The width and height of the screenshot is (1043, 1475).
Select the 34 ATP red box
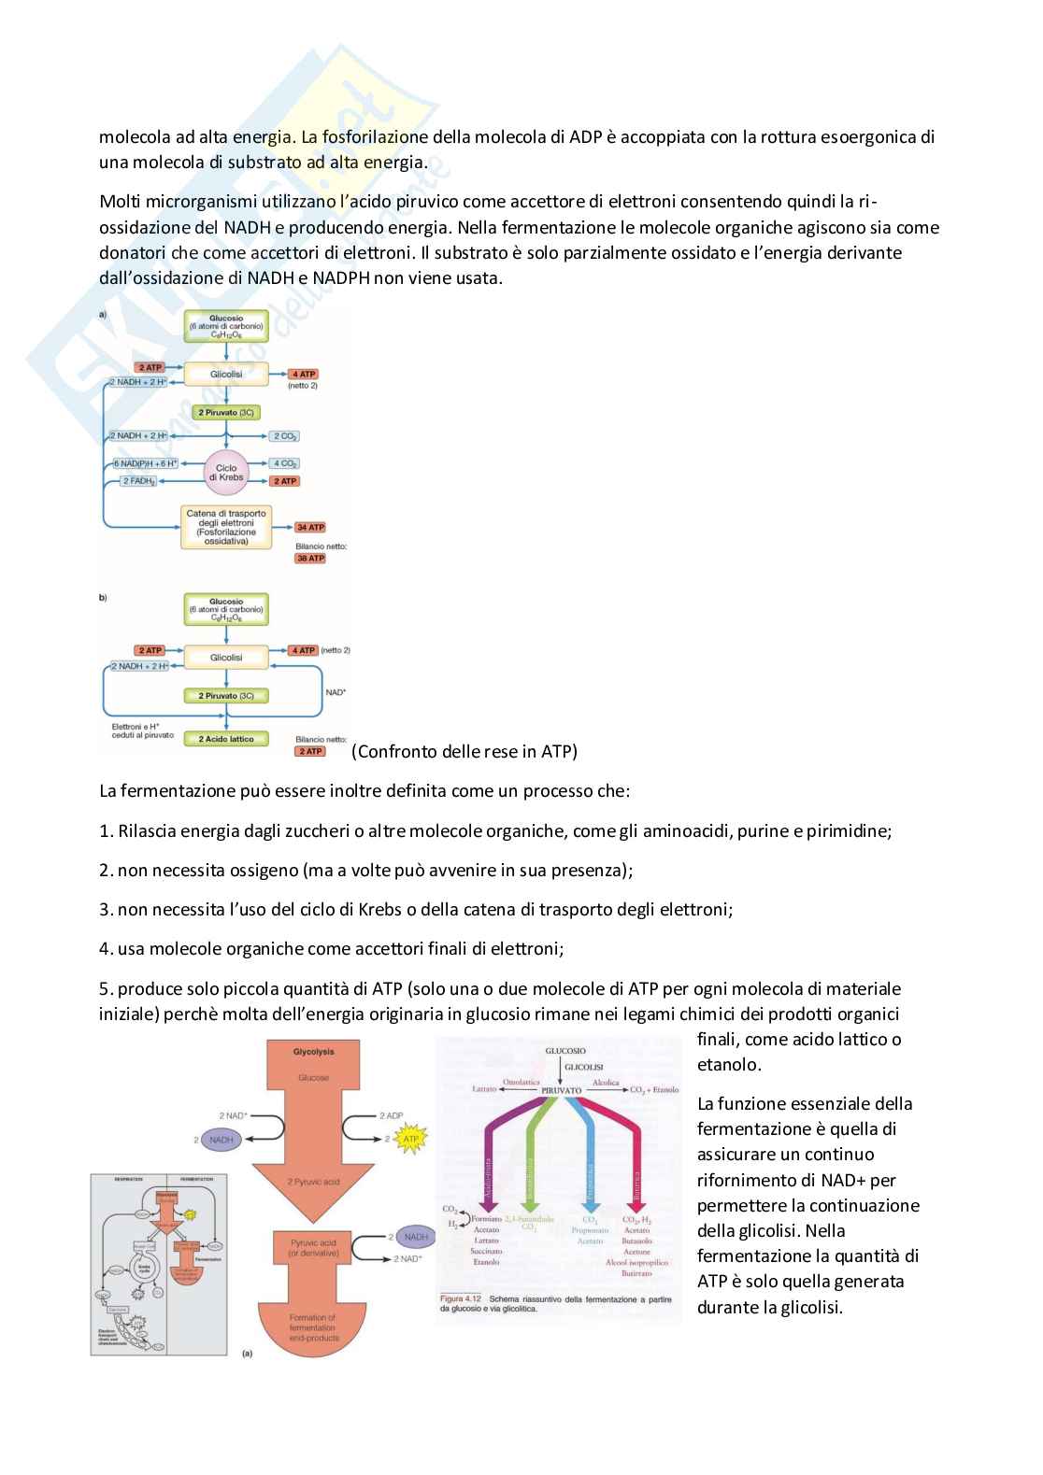[309, 528]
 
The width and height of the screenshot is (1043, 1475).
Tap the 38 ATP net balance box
[309, 559]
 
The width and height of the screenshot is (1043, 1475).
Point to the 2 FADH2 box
[138, 481]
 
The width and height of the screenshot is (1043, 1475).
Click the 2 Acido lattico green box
[226, 739]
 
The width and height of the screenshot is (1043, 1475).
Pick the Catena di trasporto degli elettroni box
[226, 528]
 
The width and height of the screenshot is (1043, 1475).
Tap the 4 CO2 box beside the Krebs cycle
[284, 463]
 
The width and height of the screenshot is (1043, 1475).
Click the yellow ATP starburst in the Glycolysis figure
[410, 1139]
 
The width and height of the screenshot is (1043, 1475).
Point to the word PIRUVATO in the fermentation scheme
[561, 1090]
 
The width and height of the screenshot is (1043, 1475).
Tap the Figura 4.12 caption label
[461, 1298]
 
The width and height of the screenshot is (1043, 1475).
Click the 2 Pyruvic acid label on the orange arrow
[313, 1182]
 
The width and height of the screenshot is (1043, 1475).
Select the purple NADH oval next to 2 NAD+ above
[221, 1140]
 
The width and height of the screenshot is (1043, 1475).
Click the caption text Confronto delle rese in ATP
[464, 751]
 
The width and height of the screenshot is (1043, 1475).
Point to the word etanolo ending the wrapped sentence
[729, 1064]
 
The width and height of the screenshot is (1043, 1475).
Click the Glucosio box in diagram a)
[226, 325]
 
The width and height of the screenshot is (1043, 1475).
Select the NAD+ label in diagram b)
[336, 692]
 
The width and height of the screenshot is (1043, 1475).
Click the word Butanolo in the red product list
[636, 1241]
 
